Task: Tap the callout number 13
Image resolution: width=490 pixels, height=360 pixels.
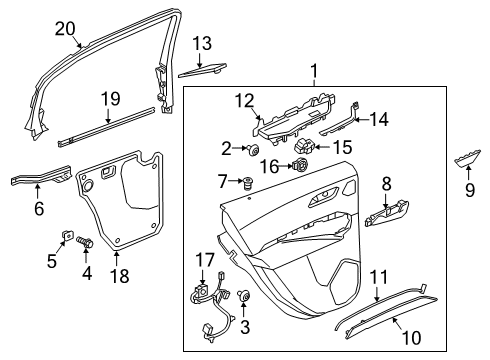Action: [x=202, y=43]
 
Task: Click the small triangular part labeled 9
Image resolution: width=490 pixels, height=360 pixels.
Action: [x=466, y=159]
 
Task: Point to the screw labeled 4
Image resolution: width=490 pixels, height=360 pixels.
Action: [x=86, y=241]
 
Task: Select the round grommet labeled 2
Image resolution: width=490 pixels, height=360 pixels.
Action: [x=243, y=150]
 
